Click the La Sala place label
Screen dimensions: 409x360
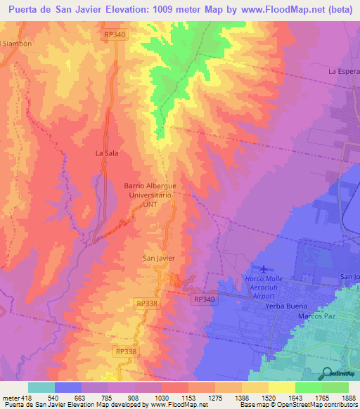click(x=106, y=152)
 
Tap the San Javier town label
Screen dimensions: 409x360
click(x=159, y=258)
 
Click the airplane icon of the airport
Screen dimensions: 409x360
click(x=263, y=268)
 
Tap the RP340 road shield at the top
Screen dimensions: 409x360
click(x=115, y=34)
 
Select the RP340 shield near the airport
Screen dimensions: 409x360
click(x=202, y=299)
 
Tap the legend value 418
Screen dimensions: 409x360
click(x=25, y=398)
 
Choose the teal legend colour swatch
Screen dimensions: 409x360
click(x=41, y=387)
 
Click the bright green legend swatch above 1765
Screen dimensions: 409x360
click(x=309, y=387)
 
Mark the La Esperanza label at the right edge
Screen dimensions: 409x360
click(x=344, y=71)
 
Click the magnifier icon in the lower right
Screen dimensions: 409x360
click(x=326, y=372)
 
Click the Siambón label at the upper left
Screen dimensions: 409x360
click(x=18, y=43)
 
